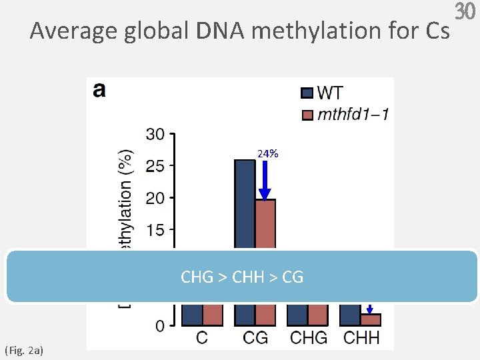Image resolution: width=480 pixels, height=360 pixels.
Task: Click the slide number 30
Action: [x=467, y=12]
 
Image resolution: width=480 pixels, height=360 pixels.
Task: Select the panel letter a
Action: [x=99, y=90]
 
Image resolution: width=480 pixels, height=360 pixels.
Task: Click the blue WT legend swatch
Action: [x=307, y=93]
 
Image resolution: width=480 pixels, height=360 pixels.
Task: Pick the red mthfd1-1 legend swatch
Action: [x=307, y=114]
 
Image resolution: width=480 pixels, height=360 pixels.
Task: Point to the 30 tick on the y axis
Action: [x=155, y=135]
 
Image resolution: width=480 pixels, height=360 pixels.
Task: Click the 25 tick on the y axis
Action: [x=155, y=166]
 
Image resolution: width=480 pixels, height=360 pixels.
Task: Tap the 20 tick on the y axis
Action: [x=155, y=198]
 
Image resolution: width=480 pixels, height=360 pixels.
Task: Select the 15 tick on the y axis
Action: [x=155, y=230]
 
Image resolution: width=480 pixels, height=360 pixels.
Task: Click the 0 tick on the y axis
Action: [x=159, y=326]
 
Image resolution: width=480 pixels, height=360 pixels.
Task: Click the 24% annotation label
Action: [x=267, y=154]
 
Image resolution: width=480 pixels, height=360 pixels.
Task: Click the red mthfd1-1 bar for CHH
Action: [x=371, y=319]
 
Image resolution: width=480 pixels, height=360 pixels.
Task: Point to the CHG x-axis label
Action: [x=309, y=338]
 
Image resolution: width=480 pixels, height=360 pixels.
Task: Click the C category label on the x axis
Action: [x=202, y=338]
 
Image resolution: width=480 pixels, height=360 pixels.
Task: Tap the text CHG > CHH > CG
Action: [x=242, y=277]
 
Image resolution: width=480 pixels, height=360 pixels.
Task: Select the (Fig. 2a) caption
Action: [x=23, y=349]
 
